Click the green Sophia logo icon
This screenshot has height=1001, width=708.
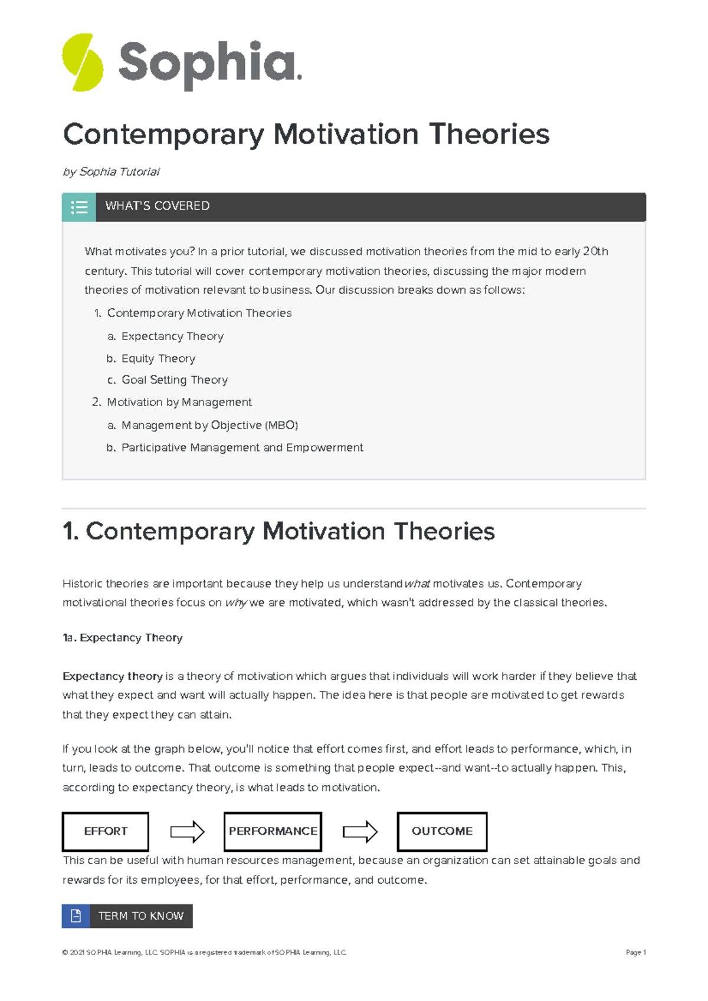83,62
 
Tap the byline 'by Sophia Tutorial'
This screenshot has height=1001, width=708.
111,172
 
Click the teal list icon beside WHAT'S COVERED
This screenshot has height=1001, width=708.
79,207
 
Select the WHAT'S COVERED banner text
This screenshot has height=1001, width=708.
157,206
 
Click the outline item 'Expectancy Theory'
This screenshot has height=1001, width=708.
172,336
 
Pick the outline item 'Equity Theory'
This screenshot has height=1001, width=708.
158,358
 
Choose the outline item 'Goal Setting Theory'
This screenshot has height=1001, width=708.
175,380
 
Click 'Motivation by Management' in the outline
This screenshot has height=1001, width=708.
179,402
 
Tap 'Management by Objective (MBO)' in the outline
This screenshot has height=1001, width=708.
209,425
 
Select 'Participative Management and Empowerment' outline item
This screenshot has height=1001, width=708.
242,447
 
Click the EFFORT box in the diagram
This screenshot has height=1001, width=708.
106,831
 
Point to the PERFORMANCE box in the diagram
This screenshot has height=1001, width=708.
273,831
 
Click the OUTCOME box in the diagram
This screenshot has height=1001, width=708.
442,831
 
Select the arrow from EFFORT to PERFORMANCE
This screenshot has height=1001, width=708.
187,832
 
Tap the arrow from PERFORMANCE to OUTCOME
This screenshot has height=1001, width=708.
360,832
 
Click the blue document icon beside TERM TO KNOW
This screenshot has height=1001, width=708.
76,916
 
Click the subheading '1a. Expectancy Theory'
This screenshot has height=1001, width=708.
123,638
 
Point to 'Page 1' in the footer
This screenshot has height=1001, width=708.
635,952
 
